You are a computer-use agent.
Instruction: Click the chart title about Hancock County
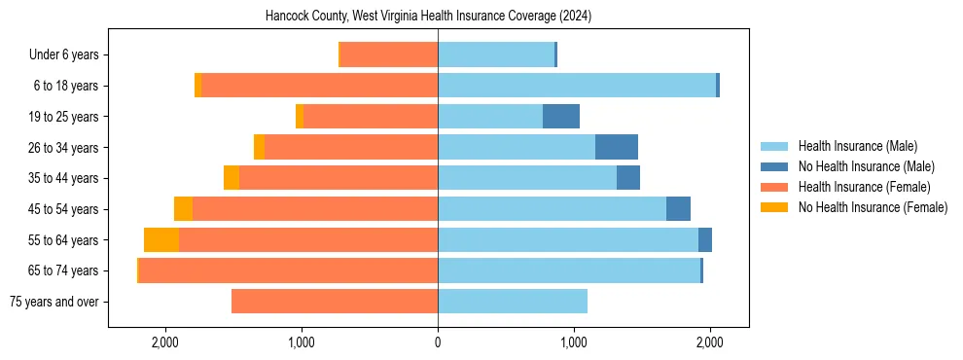tap(428, 17)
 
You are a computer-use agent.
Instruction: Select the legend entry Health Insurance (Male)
tap(857, 146)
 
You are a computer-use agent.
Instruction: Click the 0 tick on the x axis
tap(438, 342)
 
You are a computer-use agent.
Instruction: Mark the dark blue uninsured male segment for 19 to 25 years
tap(561, 117)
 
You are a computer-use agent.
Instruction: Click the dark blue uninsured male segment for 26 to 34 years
tap(617, 148)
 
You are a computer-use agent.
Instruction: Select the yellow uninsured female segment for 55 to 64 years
tap(161, 240)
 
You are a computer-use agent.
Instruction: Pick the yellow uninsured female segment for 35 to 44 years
tap(232, 178)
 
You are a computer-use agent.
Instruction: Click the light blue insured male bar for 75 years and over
tap(513, 302)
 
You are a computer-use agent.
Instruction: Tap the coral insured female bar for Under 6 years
tap(389, 55)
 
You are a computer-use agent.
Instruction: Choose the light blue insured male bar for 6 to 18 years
tap(577, 86)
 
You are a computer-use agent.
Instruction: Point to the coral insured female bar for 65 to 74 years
tap(289, 270)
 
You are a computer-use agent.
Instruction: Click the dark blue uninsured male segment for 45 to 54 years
tap(678, 209)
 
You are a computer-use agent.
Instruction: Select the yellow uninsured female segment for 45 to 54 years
tap(183, 209)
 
